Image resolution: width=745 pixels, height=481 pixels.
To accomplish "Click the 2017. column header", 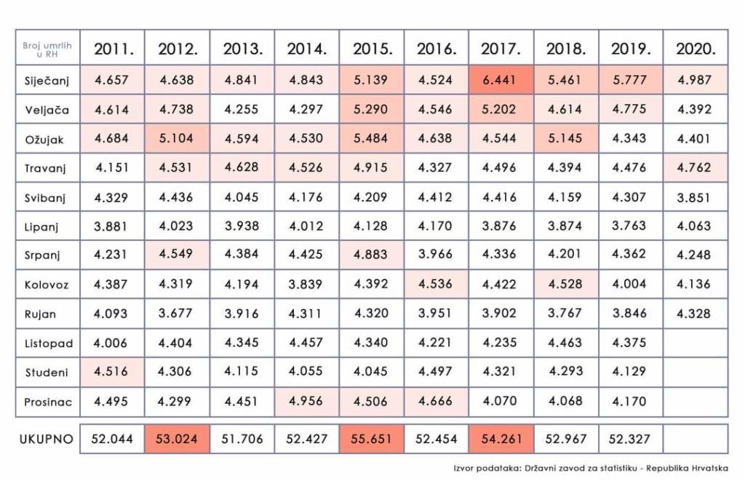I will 501,49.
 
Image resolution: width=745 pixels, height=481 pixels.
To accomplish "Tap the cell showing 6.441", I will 501,80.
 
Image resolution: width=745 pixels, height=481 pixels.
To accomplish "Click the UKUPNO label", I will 46,440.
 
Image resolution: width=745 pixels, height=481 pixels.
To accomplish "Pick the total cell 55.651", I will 372,440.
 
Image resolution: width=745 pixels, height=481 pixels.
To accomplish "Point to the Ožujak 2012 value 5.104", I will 177,138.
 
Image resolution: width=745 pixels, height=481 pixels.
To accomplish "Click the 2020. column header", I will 696,49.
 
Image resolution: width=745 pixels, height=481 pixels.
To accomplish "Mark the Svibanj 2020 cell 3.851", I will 696,196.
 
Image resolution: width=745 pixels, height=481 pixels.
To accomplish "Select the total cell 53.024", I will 177,440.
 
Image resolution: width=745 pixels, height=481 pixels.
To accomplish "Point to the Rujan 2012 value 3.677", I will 177,314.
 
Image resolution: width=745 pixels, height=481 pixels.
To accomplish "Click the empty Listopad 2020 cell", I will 696,343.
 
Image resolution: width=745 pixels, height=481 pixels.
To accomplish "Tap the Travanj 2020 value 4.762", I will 696,167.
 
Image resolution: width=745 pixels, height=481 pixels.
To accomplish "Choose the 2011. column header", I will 112,49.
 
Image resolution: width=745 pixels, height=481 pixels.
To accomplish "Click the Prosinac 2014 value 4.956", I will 307,401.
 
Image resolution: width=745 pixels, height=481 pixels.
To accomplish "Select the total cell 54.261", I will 501,440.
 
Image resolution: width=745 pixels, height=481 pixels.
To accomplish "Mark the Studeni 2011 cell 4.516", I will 112,372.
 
